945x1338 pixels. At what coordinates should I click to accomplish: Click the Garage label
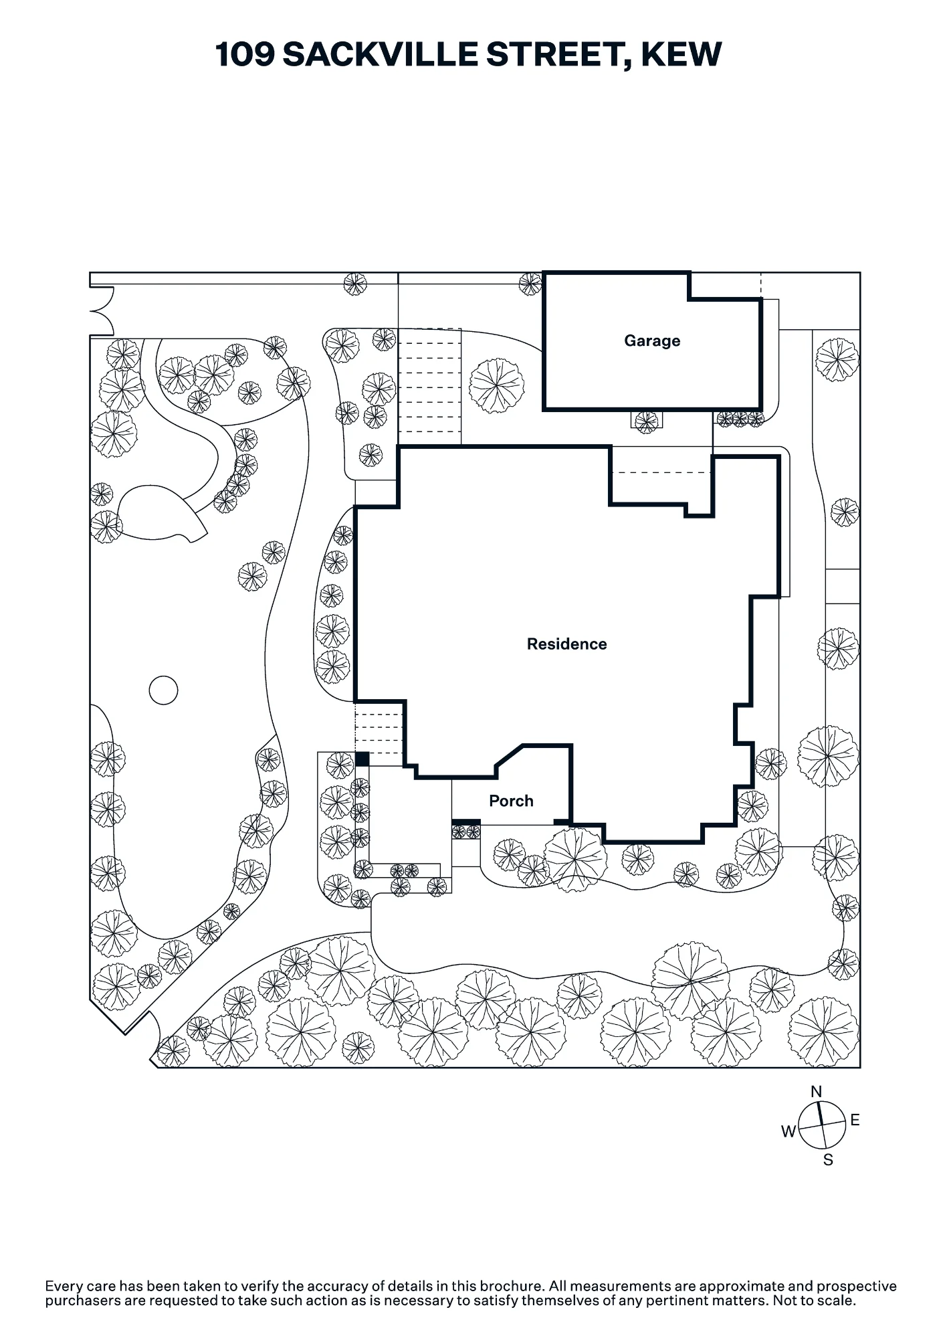click(x=652, y=341)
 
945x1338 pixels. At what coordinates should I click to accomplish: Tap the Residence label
click(x=567, y=644)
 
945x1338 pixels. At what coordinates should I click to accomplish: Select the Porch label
click(x=511, y=801)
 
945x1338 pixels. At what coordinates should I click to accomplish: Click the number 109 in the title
click(x=245, y=54)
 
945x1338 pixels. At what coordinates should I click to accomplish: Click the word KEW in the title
click(x=681, y=54)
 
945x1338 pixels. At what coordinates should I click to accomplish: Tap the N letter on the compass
click(x=816, y=1092)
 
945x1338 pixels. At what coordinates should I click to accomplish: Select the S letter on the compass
click(x=828, y=1160)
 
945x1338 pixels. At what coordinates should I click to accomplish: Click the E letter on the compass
click(x=855, y=1120)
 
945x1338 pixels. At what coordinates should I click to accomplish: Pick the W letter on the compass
click(x=789, y=1131)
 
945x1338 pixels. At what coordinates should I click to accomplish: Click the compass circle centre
click(x=822, y=1125)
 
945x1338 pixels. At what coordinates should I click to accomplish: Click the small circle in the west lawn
click(x=163, y=690)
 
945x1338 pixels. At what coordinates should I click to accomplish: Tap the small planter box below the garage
click(x=647, y=419)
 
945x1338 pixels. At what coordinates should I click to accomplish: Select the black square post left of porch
click(x=362, y=759)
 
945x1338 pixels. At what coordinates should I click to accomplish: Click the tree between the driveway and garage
click(x=496, y=386)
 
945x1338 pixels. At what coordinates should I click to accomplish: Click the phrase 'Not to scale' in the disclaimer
click(x=814, y=1301)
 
